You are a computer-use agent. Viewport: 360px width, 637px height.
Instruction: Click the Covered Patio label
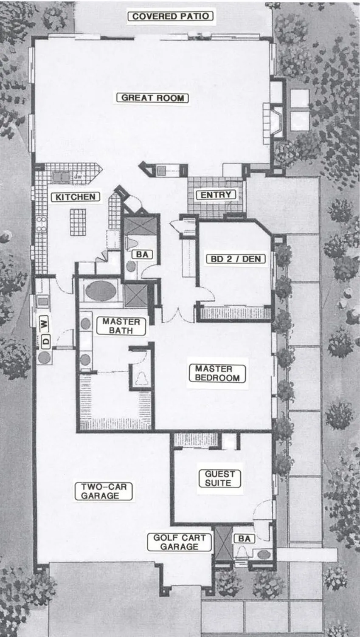pos(170,17)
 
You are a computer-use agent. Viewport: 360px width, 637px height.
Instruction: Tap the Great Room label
pos(153,98)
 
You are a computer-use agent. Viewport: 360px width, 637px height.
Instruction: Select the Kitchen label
pos(76,197)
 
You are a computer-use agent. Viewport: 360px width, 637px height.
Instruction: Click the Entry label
pos(216,195)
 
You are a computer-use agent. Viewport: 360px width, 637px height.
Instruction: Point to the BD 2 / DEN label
pos(236,259)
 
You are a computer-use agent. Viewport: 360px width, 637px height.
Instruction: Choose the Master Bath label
pos(121,326)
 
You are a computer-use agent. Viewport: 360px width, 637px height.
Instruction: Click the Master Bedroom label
pos(217,373)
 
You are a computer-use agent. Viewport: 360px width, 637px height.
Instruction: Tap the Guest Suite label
pos(219,479)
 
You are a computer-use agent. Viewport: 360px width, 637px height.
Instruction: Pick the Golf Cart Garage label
pos(179,542)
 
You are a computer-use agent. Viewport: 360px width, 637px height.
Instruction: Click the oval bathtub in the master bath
pos(101,291)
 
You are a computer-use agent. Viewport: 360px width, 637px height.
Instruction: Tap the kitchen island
pos(78,222)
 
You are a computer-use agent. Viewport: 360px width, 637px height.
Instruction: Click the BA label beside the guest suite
pos(245,539)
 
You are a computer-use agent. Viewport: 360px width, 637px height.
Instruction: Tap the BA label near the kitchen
pos(142,254)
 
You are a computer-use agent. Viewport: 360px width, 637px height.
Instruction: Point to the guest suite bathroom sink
pos(264,554)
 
